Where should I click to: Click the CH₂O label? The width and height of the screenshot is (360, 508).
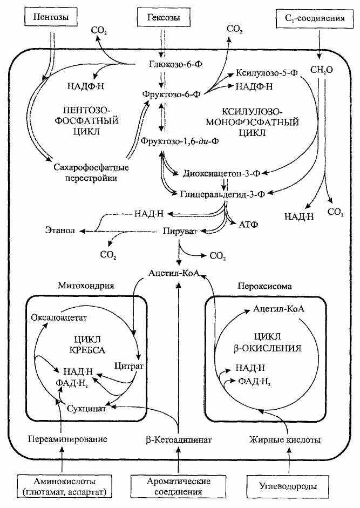[322, 70]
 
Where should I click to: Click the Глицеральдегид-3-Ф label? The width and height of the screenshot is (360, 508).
[225, 192]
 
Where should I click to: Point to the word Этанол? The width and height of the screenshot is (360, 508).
[60, 231]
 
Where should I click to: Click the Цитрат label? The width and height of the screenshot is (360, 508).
[128, 366]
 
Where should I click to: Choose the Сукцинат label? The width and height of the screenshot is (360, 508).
[85, 409]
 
